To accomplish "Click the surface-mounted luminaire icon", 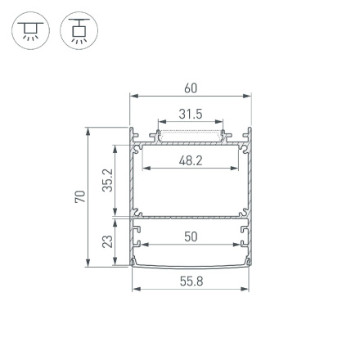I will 30,30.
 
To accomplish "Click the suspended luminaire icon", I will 79,30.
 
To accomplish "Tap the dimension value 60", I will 191,88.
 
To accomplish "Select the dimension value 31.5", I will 191,115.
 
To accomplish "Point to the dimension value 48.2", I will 191,161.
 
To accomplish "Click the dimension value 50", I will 191,236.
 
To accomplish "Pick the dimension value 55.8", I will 191,281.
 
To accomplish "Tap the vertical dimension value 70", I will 79,197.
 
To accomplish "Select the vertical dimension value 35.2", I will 107,181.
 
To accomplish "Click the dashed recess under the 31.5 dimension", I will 191,136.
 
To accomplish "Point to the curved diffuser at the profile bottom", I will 191,265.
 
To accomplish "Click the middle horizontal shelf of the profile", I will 191,218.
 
